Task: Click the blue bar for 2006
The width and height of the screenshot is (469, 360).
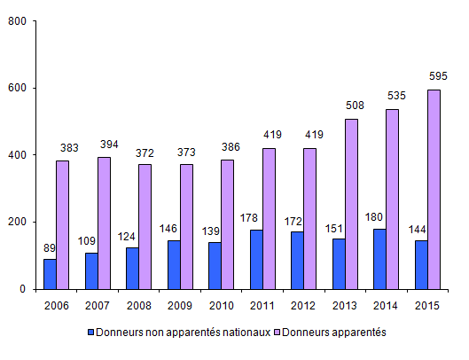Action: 50,274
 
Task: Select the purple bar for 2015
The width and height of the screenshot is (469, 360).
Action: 434,190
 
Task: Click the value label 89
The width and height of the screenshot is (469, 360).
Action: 51,247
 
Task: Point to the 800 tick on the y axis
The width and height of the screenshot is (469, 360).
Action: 17,22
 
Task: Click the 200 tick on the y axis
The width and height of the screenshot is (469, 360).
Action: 17,222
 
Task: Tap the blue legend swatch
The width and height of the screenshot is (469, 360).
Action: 90,332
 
